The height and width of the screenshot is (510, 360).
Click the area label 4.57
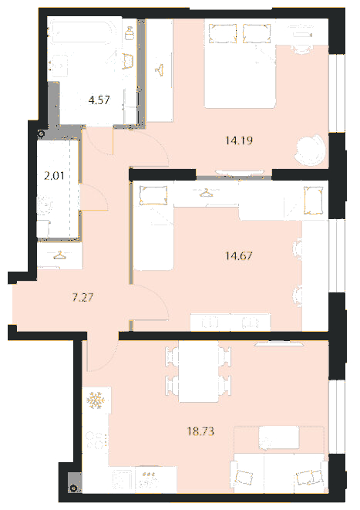coord(99,100)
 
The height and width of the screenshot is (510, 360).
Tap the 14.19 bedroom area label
coord(239,140)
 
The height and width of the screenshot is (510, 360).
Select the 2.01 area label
coord(54,176)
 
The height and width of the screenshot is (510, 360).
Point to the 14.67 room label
coord(239,255)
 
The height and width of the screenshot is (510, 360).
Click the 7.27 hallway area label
coord(82,297)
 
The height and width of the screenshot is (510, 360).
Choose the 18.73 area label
coord(200,431)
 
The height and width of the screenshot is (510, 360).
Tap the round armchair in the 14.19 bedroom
coord(310,150)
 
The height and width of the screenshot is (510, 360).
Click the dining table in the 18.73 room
coord(198,371)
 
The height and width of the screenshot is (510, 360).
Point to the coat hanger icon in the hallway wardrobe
coord(59,255)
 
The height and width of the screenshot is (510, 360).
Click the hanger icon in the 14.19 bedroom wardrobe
coord(160,70)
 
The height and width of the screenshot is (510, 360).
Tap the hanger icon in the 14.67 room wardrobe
coord(206,193)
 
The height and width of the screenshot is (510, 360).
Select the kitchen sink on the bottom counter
coord(123,480)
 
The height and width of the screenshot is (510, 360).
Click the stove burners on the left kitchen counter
coord(96,441)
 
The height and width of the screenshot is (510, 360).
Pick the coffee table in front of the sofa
coord(279,437)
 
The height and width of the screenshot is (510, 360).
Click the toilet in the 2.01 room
coord(45,205)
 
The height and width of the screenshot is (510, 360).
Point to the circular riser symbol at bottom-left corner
coord(74,488)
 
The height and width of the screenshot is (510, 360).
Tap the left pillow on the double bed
coord(223,33)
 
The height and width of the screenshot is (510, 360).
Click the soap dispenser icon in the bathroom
coord(130,33)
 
